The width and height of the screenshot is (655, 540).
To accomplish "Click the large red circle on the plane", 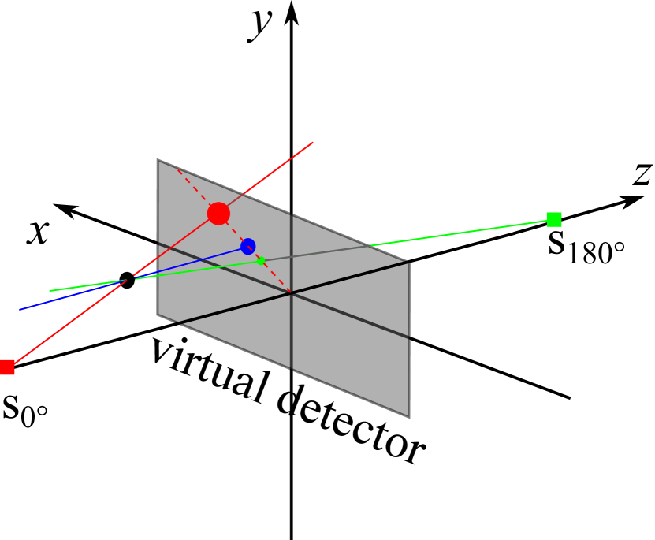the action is [x=218, y=214].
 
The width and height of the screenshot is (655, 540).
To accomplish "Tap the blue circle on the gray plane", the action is [x=248, y=246].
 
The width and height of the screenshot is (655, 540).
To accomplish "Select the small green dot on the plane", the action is [x=261, y=261].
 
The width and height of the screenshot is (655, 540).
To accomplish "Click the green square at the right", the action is [x=554, y=219].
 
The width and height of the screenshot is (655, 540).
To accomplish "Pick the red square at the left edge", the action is [x=6, y=367].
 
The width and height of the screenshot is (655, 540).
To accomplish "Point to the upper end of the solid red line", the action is [x=313, y=143].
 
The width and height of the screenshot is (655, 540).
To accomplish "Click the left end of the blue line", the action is [x=20, y=309].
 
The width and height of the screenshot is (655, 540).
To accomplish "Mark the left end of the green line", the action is [x=50, y=291].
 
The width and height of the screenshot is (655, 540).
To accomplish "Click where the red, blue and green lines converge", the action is [x=128, y=279].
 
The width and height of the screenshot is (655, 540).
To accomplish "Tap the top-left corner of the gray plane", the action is [x=158, y=162].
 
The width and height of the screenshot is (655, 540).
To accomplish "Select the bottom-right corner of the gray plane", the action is [x=408, y=415].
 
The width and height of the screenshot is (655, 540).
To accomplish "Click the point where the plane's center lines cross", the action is [x=292, y=293].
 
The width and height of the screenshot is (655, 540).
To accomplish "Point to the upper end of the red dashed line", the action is [x=177, y=169].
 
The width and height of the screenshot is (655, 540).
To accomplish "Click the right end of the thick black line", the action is [x=408, y=263].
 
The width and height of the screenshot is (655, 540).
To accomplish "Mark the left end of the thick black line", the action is [x=178, y=322].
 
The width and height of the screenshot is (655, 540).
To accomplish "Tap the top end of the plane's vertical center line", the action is [x=292, y=215].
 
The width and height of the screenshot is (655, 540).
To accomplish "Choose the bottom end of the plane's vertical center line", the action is [x=292, y=368].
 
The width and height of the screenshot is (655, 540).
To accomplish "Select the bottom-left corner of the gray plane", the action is [x=158, y=315].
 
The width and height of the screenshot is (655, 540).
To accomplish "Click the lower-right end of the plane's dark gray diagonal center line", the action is [x=408, y=337].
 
